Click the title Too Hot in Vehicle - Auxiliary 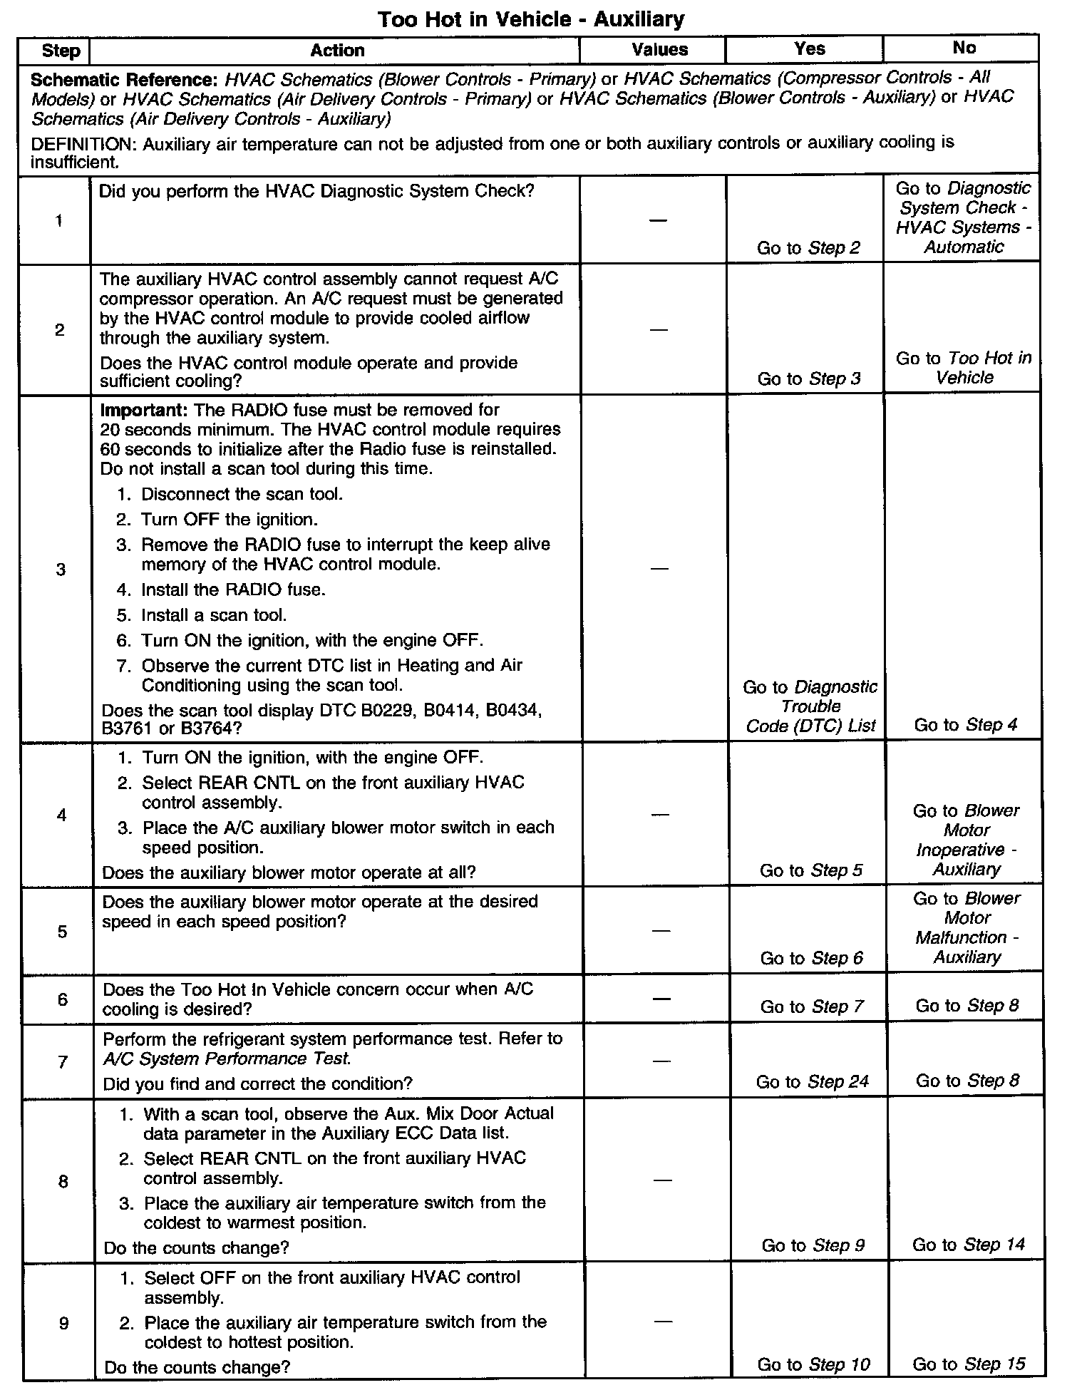pos(530,19)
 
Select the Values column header pos(659,50)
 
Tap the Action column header pos(337,50)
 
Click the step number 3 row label pos(61,569)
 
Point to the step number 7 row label pos(63,1062)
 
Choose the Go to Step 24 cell pos(812,1081)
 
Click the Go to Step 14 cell pos(967,1245)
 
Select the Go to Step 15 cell pos(968,1364)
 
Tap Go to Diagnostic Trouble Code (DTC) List pos(810,706)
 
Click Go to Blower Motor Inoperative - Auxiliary pos(967,840)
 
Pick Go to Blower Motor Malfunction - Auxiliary pos(967,927)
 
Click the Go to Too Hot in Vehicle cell pos(964,368)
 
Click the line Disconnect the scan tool pos(241,495)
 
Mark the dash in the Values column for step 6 pos(661,999)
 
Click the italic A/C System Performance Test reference pos(227,1059)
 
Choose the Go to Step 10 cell pos(813,1364)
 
